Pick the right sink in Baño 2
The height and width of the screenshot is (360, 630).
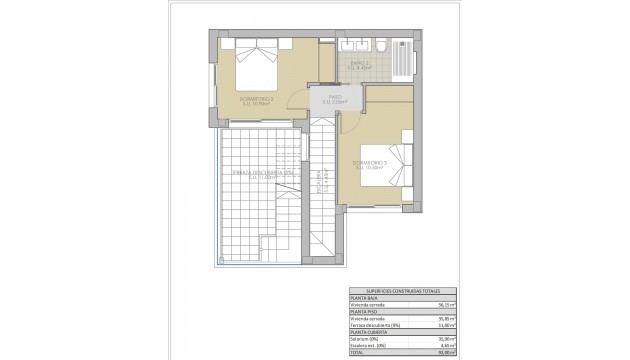pos(364,46)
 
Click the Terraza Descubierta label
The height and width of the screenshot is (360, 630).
pos(251,173)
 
